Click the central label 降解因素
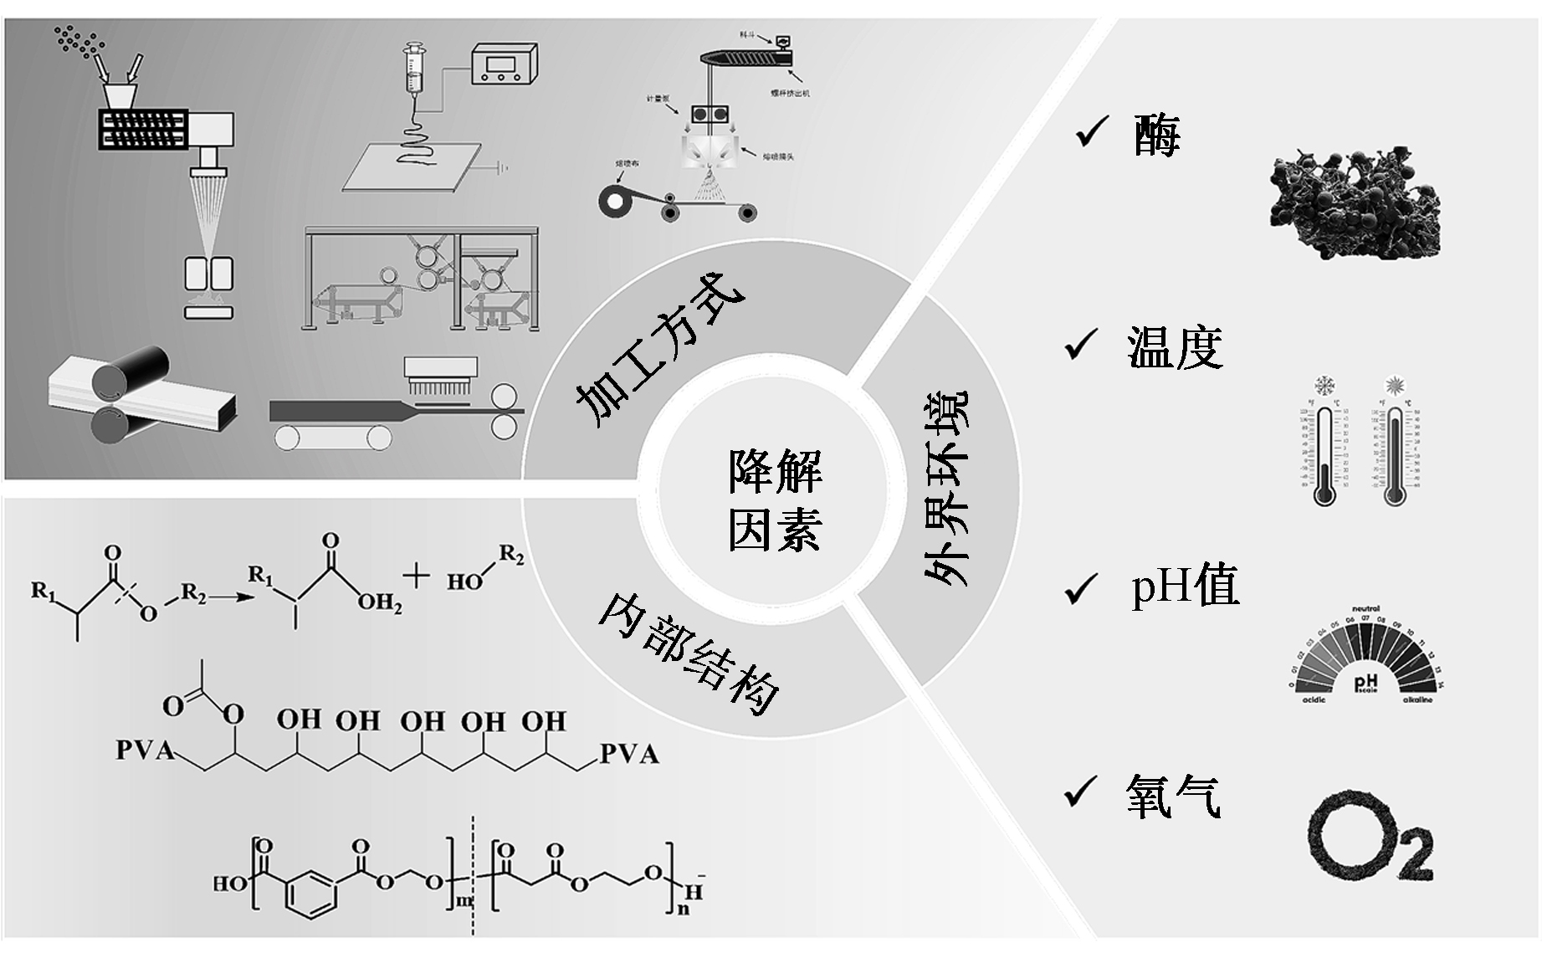tap(775, 500)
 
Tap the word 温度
tap(1175, 347)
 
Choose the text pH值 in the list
tap(1185, 586)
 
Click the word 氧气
tap(1173, 795)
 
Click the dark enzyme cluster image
tap(1355, 201)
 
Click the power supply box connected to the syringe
tap(504, 63)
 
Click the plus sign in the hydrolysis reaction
tap(416, 576)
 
